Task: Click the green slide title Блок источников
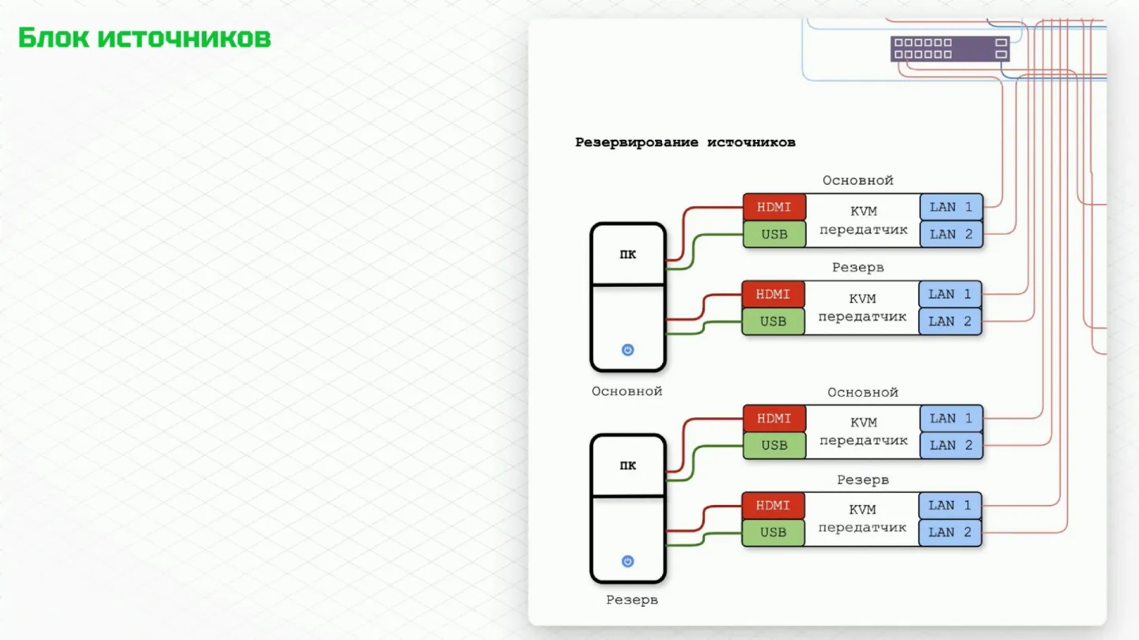point(145,38)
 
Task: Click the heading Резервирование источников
point(686,142)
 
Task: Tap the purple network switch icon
point(950,49)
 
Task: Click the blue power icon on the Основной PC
point(627,350)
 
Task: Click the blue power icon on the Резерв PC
point(627,561)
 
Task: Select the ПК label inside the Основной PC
point(627,254)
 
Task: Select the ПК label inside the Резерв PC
point(627,466)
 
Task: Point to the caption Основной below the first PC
point(627,391)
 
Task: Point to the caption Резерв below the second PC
point(632,600)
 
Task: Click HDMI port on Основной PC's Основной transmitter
point(774,207)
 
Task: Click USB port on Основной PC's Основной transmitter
point(774,234)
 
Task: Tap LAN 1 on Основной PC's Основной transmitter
point(952,207)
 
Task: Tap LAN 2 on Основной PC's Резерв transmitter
point(950,322)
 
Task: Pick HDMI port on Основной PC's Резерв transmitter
point(774,295)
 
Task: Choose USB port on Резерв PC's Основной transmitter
point(774,446)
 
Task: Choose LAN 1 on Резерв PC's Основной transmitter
point(952,419)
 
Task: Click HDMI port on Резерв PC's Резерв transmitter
point(774,506)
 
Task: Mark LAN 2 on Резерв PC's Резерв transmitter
point(950,533)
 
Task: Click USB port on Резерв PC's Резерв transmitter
point(774,533)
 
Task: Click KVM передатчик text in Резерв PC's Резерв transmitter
point(862,518)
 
